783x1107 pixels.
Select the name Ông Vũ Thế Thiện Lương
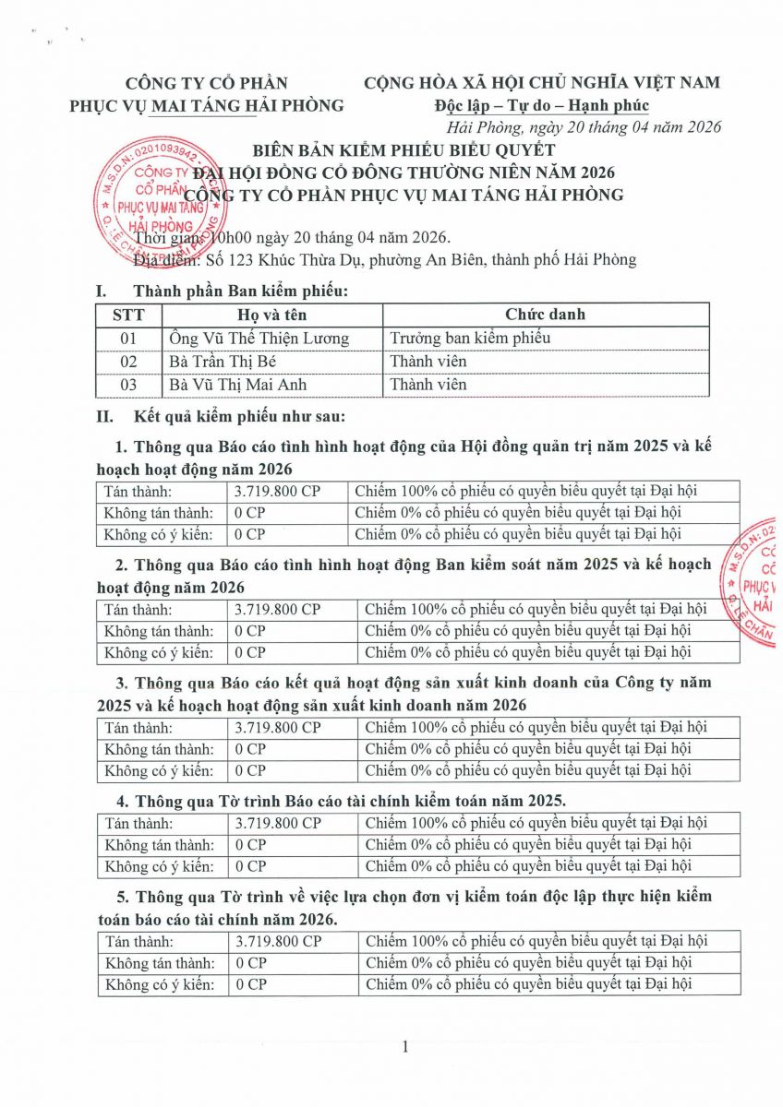259,339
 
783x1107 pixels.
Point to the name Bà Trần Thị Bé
223,362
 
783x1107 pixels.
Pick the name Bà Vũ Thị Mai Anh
239,385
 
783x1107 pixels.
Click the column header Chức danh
545,315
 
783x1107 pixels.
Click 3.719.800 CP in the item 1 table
277,492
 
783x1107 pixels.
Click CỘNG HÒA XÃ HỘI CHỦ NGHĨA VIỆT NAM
542,83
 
